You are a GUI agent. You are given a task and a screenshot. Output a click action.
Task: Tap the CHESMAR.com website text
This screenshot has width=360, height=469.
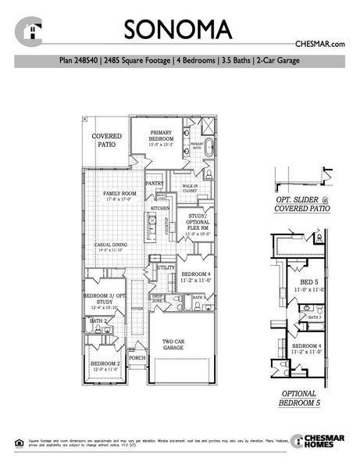(x=320, y=45)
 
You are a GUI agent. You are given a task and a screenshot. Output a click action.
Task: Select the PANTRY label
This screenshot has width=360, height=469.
(x=154, y=184)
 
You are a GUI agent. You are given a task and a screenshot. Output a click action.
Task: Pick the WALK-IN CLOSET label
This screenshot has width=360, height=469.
(x=190, y=188)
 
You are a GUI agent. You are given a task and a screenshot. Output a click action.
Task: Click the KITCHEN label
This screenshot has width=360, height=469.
(x=160, y=209)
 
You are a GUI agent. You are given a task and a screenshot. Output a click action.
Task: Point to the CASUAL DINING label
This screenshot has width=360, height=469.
(x=114, y=246)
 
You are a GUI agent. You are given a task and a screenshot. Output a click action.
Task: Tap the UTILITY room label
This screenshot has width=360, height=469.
(x=166, y=268)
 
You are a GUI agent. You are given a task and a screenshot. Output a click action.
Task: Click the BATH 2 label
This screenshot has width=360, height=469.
(x=98, y=320)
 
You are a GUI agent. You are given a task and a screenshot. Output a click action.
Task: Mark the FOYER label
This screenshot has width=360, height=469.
(x=137, y=310)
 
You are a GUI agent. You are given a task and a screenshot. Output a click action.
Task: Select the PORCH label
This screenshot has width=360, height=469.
(x=137, y=359)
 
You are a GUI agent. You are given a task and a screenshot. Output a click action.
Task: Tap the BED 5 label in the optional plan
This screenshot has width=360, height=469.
(x=309, y=282)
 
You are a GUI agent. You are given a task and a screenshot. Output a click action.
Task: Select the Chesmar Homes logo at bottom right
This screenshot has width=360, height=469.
(x=316, y=442)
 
